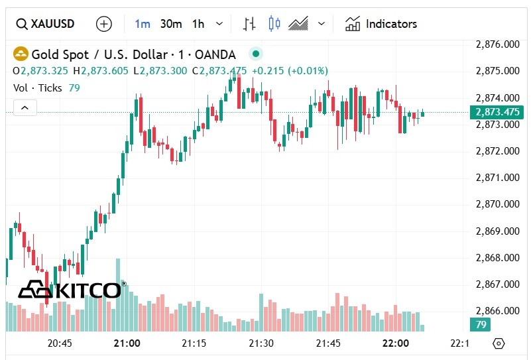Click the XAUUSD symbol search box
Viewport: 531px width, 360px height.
click(x=45, y=24)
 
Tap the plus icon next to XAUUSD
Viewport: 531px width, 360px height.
click(x=104, y=24)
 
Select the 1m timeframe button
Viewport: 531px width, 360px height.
click(x=143, y=24)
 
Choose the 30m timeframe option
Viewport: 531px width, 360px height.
click(x=170, y=24)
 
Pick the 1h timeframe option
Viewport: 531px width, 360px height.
click(x=198, y=24)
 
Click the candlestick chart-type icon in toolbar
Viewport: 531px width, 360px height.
click(x=274, y=24)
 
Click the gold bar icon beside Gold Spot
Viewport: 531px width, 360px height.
click(x=21, y=54)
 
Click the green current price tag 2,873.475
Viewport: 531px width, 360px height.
click(x=497, y=112)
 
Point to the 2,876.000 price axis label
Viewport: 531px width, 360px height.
click(x=498, y=44)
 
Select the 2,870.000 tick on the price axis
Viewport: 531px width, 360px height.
click(x=498, y=204)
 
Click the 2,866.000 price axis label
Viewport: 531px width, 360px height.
click(x=498, y=310)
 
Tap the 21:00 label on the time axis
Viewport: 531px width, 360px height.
click(x=127, y=343)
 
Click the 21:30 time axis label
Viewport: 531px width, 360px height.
click(x=261, y=343)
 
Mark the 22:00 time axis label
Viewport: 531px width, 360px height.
click(x=396, y=343)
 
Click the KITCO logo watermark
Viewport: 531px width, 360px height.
click(x=70, y=290)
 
